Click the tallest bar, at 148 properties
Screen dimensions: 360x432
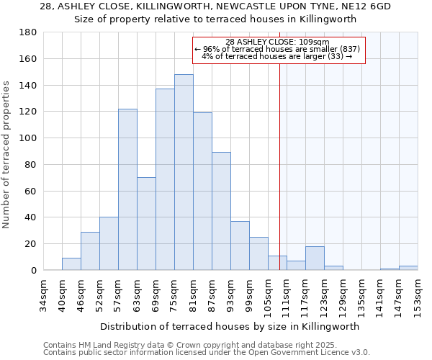click(184, 172)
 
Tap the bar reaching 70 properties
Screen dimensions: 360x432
click(146, 223)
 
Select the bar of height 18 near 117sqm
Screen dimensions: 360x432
click(315, 258)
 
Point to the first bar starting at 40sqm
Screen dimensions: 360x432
click(71, 264)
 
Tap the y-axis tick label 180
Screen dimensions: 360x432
click(28, 32)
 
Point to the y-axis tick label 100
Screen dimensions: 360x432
click(28, 138)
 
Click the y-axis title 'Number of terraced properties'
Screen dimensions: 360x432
click(7, 155)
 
